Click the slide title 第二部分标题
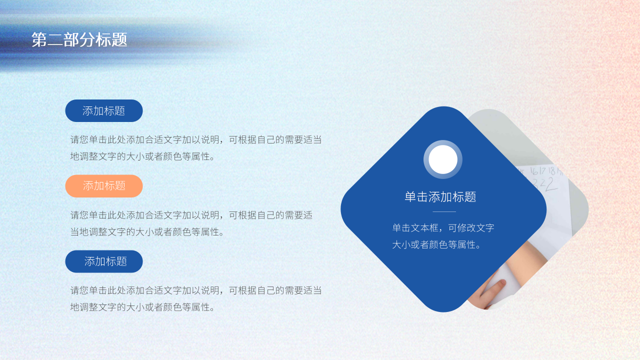(x=79, y=39)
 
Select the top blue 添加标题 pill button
(x=104, y=111)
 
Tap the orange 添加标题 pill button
(x=104, y=186)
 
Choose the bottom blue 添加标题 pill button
(x=104, y=261)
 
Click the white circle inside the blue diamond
(x=443, y=159)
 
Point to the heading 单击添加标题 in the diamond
(x=440, y=196)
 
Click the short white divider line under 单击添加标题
(x=444, y=211)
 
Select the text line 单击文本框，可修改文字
(x=443, y=228)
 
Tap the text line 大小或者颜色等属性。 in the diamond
(x=437, y=245)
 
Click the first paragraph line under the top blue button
(x=196, y=140)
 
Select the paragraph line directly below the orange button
(x=191, y=215)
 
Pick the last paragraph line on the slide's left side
(x=143, y=307)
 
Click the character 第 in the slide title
(x=39, y=39)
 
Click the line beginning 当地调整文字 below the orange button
(x=147, y=232)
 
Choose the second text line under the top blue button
(x=143, y=156)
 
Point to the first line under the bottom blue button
(x=196, y=290)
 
